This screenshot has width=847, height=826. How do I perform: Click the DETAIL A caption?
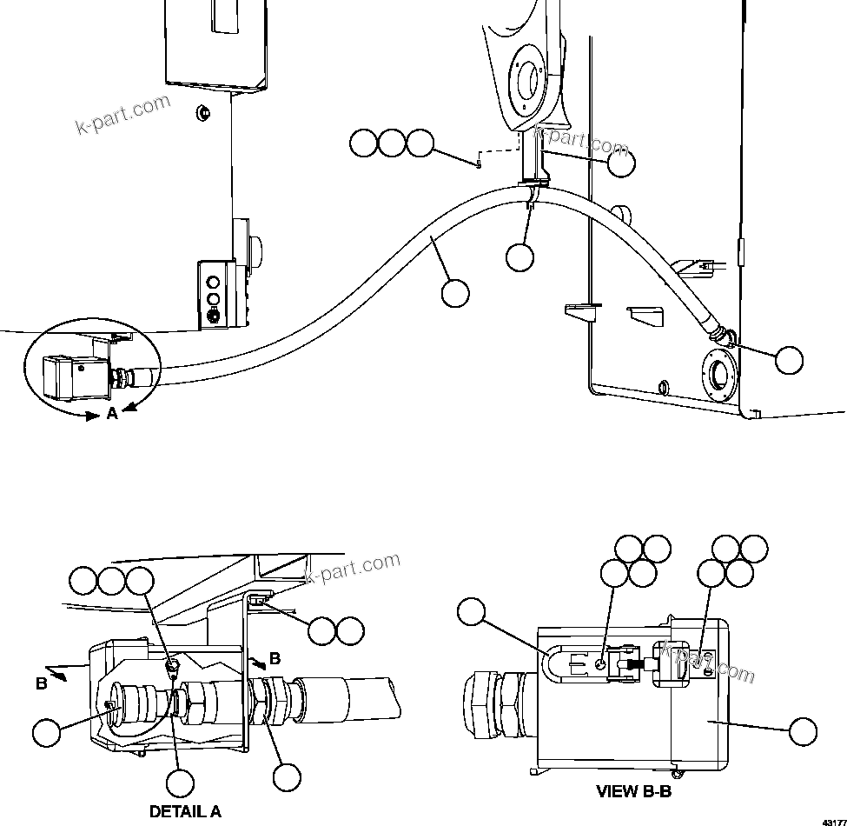tap(185, 811)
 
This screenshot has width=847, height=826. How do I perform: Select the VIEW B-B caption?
tap(632, 791)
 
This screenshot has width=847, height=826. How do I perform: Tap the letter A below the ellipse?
tap(112, 414)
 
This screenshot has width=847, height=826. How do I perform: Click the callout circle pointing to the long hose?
tap(455, 293)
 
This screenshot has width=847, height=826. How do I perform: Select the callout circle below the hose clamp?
tap(519, 257)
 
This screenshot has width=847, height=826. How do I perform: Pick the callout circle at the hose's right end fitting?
tap(789, 360)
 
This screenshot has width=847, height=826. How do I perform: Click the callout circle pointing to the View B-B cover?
tap(803, 732)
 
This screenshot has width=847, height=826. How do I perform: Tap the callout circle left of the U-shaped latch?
tap(471, 612)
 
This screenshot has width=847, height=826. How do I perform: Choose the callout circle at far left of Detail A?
tap(46, 732)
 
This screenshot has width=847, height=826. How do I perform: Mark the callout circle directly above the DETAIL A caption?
tap(180, 783)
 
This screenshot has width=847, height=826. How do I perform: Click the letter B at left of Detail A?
tap(41, 683)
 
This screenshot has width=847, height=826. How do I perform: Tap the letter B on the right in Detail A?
tap(275, 658)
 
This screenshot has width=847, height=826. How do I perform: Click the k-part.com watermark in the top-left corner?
tap(123, 115)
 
